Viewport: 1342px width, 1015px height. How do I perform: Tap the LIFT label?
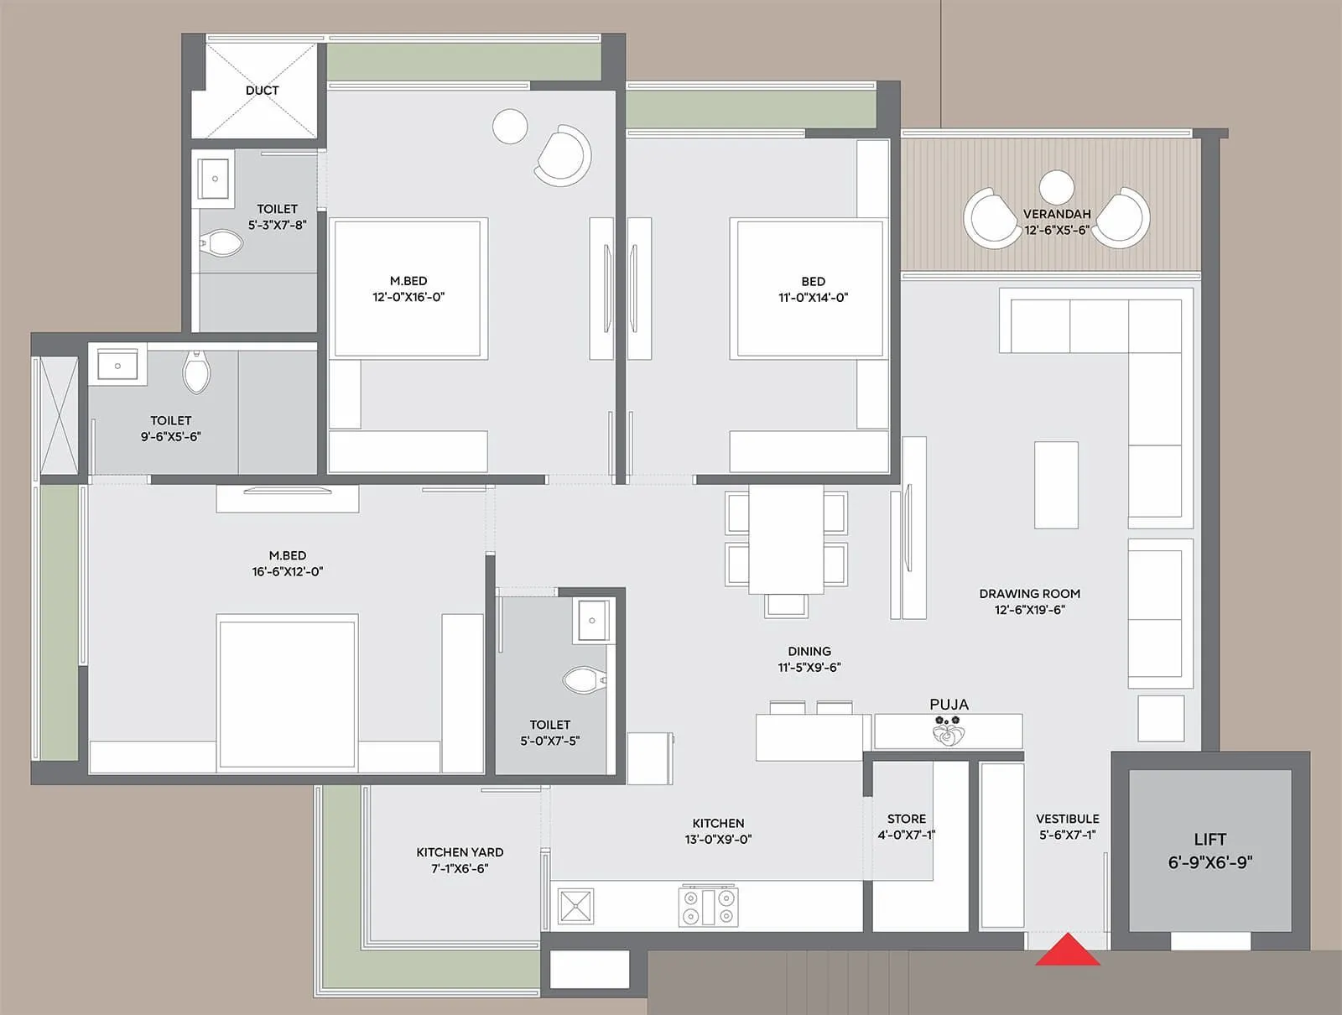[1209, 840]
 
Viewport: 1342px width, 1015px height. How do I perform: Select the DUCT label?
[262, 91]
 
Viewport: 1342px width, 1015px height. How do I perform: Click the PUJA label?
[949, 705]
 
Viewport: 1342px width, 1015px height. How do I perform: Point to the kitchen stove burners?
[709, 907]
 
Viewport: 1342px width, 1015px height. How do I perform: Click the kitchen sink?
[575, 907]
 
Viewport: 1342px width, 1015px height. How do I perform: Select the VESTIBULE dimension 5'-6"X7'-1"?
[1067, 835]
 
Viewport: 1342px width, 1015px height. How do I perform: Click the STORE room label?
[907, 819]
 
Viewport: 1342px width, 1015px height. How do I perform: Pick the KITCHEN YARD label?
[460, 852]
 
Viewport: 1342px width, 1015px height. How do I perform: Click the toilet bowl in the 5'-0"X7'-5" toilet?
[584, 679]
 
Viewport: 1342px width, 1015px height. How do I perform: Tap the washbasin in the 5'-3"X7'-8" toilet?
[215, 179]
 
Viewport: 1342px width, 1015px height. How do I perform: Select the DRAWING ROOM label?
[1029, 594]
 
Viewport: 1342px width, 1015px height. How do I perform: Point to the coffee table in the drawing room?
[1056, 485]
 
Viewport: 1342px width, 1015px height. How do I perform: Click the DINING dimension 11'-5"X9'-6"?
[809, 668]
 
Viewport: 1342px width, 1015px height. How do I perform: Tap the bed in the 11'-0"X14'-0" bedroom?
[807, 289]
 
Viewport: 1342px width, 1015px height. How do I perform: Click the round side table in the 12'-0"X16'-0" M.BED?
[510, 127]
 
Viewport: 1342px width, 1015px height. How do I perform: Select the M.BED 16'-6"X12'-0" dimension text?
[287, 572]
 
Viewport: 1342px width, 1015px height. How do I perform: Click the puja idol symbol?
[949, 732]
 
